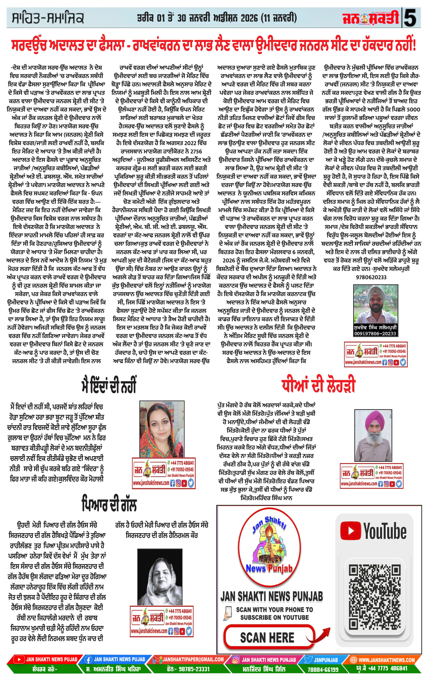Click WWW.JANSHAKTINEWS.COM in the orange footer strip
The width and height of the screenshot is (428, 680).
tap(386, 660)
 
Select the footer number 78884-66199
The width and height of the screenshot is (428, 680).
tap(323, 669)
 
